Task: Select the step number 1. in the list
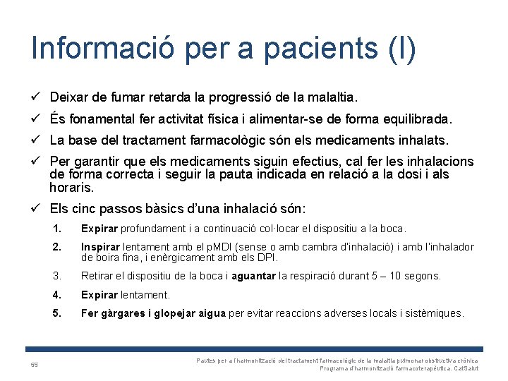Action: point(57,229)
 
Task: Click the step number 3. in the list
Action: point(57,276)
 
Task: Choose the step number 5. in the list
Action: point(57,313)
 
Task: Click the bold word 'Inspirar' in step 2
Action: point(101,247)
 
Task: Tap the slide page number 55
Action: point(34,365)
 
